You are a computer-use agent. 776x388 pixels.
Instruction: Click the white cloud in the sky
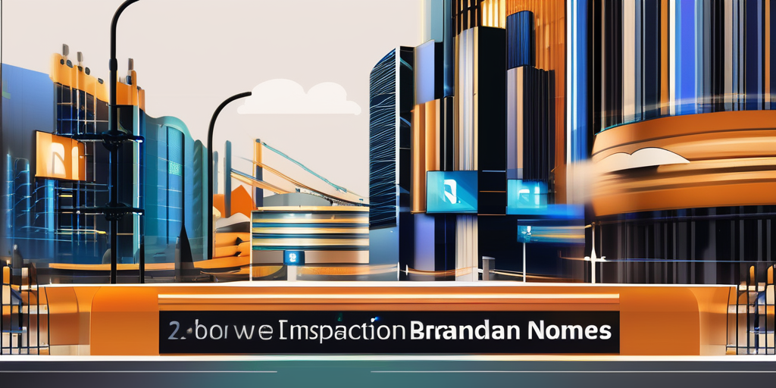[x=299, y=98]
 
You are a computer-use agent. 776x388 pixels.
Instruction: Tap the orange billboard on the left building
[x=59, y=155]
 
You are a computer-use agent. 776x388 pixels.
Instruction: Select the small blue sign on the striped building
[x=293, y=258]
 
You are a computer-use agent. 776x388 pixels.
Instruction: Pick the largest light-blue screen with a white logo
[x=452, y=191]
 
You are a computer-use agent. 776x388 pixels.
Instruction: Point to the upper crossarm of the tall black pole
[x=114, y=137]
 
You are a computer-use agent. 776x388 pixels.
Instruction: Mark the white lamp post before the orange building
[x=593, y=250]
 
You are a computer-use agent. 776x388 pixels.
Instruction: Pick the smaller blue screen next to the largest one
[x=527, y=193]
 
